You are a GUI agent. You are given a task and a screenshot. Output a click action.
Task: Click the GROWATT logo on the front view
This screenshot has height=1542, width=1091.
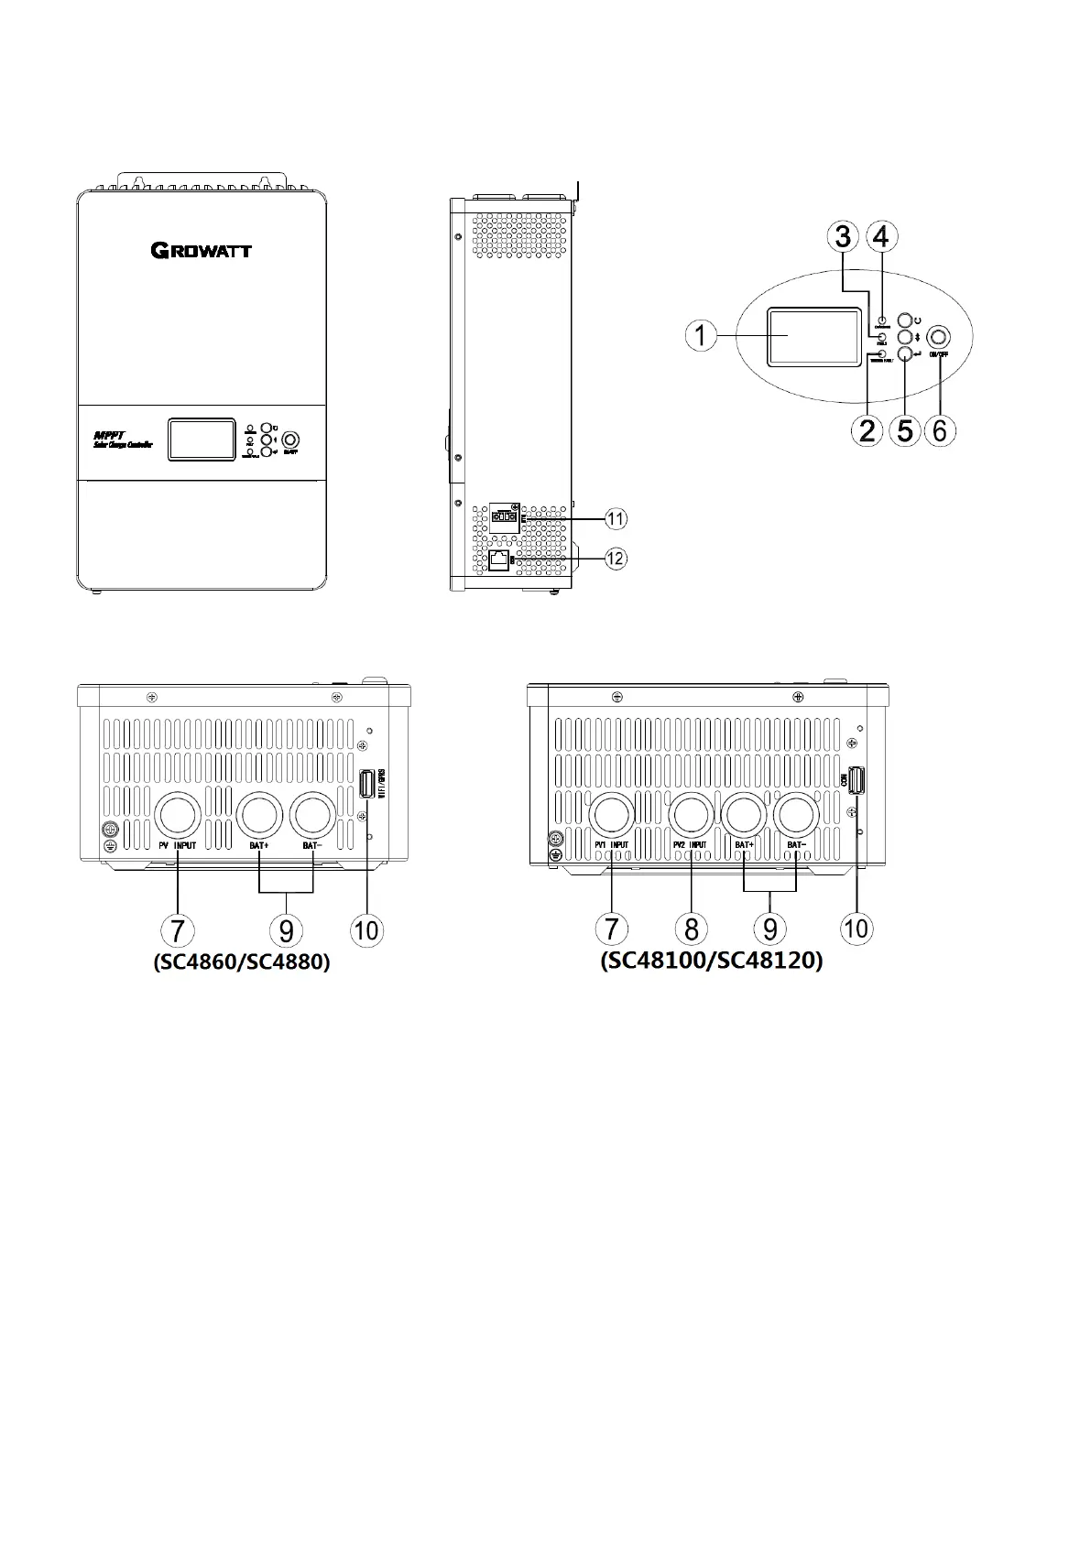(x=202, y=250)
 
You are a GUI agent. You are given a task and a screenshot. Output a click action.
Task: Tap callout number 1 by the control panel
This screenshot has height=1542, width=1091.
(x=701, y=336)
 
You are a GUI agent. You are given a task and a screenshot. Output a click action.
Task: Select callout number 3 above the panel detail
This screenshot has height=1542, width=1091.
(x=842, y=237)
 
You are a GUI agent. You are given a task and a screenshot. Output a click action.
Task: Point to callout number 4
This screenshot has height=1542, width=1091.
(x=880, y=237)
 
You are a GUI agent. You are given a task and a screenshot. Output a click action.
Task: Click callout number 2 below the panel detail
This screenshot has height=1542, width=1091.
(x=867, y=429)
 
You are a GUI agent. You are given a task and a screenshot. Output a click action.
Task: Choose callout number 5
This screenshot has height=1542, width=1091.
(x=905, y=429)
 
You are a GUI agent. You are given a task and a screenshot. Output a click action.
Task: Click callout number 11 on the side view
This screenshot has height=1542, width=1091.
(x=616, y=518)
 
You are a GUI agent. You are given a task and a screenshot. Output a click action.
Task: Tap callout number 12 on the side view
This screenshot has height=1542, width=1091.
(x=616, y=557)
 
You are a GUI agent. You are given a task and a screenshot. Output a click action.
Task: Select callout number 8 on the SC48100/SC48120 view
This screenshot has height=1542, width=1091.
(x=691, y=928)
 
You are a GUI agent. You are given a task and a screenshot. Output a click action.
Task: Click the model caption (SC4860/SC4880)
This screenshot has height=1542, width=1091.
(x=241, y=962)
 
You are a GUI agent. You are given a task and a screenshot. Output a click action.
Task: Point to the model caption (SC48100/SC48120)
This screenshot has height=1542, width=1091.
(x=711, y=961)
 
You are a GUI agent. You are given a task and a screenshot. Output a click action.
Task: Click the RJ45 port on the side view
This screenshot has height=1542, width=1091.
(x=499, y=559)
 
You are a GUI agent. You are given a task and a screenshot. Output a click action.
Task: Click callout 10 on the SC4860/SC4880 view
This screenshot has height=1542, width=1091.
(x=365, y=930)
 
